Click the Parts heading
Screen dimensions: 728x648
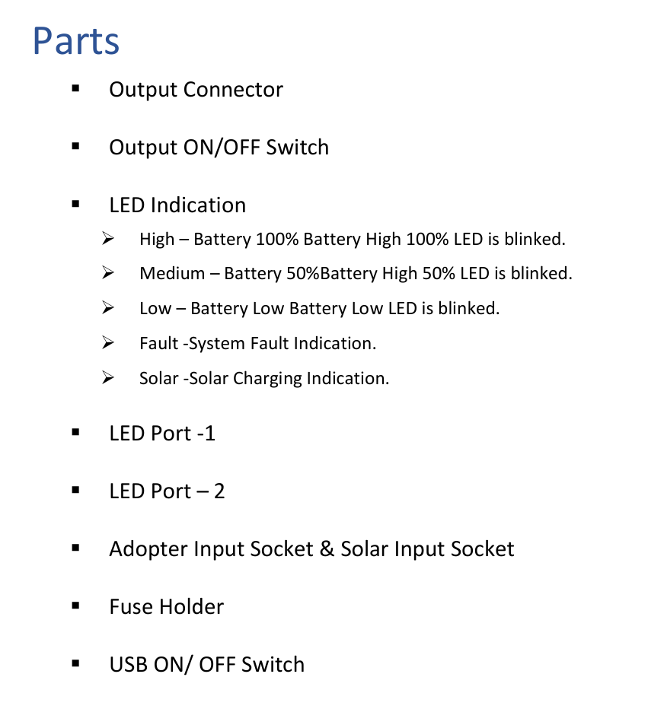(x=76, y=41)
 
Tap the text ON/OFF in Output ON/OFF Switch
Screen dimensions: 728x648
(x=222, y=148)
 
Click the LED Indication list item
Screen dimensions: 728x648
(x=177, y=205)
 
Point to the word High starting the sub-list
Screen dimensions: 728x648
(x=157, y=240)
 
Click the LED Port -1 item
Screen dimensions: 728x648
(x=162, y=434)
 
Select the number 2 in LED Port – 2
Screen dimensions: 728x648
(x=219, y=491)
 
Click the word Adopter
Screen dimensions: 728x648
(x=148, y=549)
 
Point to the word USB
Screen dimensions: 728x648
(x=128, y=665)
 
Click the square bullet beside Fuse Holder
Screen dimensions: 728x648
(x=75, y=606)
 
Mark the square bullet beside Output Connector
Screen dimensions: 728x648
(x=75, y=89)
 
